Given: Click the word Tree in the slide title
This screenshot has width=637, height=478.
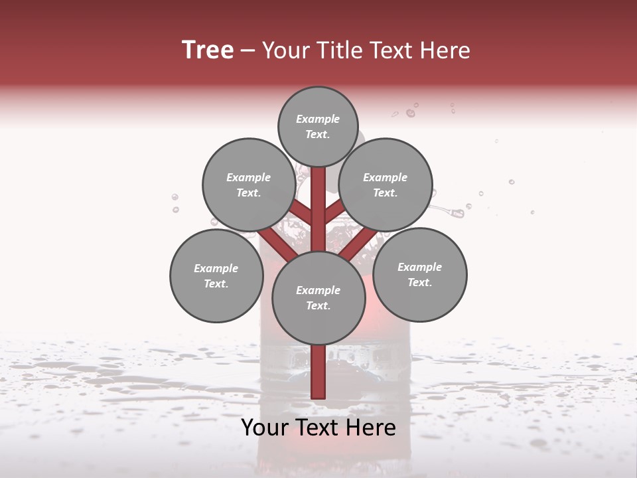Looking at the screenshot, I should point(208,50).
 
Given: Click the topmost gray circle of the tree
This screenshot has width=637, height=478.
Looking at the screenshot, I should point(318,126).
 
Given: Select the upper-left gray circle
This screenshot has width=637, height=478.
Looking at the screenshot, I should point(248,185).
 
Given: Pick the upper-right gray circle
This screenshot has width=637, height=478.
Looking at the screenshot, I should point(385,185).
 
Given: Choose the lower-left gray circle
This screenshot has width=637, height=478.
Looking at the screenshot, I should point(216,276).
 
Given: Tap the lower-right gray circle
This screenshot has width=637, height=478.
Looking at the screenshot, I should point(419,274).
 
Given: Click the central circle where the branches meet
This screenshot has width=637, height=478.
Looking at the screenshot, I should point(318,297).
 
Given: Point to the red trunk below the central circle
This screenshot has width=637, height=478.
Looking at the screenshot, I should point(318,372).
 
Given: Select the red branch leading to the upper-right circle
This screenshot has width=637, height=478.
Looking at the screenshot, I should point(335,212).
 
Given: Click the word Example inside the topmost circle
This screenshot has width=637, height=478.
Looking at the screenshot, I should point(318,119).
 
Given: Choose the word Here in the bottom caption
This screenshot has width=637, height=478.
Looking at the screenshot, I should point(372,428).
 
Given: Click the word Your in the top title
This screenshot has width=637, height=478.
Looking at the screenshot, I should point(284,50).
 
